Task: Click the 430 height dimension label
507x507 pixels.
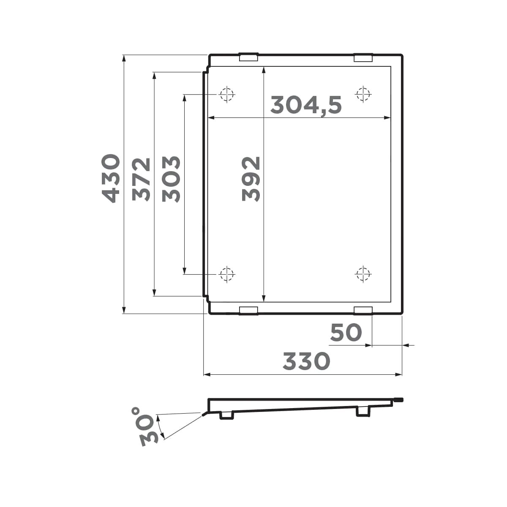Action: [x=111, y=178]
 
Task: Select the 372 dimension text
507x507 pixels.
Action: [x=141, y=179]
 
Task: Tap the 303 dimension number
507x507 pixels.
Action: [x=172, y=179]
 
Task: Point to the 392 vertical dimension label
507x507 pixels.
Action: [x=251, y=179]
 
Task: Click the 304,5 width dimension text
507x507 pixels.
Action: [x=306, y=105]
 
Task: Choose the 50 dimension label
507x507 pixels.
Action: [x=346, y=333]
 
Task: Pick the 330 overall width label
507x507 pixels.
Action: [x=306, y=362]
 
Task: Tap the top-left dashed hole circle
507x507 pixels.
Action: [x=227, y=94]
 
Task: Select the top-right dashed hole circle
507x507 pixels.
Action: [x=363, y=94]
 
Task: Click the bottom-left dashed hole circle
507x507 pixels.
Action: [x=227, y=275]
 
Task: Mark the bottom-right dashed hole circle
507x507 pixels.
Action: [x=363, y=274]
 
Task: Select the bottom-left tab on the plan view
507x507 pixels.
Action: [x=248, y=311]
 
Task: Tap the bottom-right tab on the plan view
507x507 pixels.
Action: [x=363, y=311]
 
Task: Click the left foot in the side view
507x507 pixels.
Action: [x=226, y=416]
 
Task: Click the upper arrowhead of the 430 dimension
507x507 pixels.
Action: [x=124, y=59]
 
